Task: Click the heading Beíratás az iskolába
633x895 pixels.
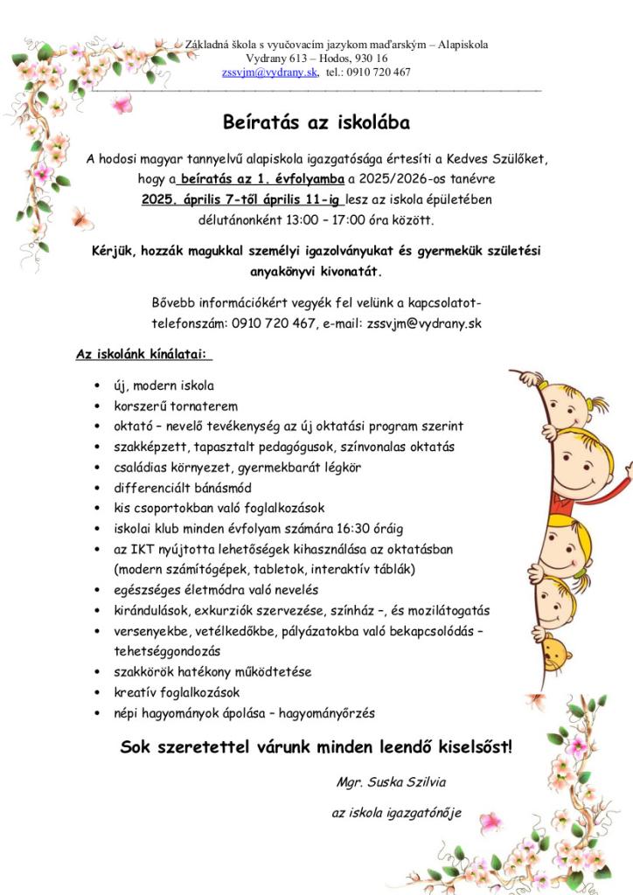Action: [x=316, y=121]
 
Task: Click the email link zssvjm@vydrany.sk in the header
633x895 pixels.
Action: [x=269, y=73]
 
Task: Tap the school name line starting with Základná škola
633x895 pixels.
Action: [x=337, y=45]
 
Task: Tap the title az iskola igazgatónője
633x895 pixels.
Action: [x=396, y=813]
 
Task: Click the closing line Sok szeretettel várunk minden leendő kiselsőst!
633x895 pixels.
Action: [x=316, y=747]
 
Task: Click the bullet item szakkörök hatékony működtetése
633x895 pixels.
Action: [x=212, y=672]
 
